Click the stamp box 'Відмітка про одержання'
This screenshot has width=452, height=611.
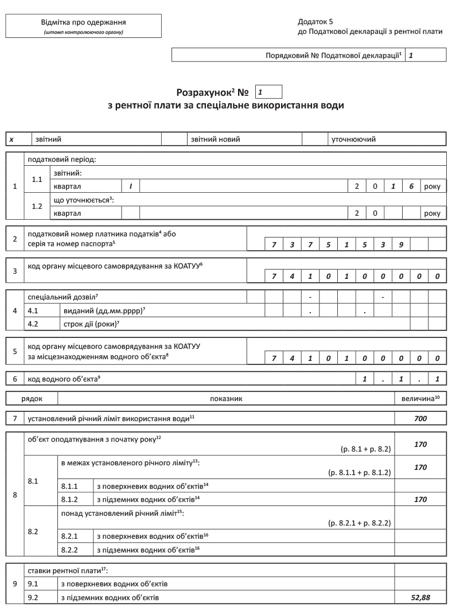[x=83, y=26]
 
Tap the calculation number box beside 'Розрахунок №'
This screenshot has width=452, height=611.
[x=270, y=92]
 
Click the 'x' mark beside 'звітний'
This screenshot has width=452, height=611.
[x=11, y=139]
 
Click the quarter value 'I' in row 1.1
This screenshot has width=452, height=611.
[x=131, y=186]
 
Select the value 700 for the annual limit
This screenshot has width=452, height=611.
[x=420, y=419]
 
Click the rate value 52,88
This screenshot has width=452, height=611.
[x=420, y=597]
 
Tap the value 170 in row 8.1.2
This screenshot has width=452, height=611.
[x=420, y=499]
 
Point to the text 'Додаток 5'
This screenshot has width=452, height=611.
[x=315, y=21]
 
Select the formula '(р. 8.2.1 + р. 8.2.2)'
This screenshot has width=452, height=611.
[x=359, y=523]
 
